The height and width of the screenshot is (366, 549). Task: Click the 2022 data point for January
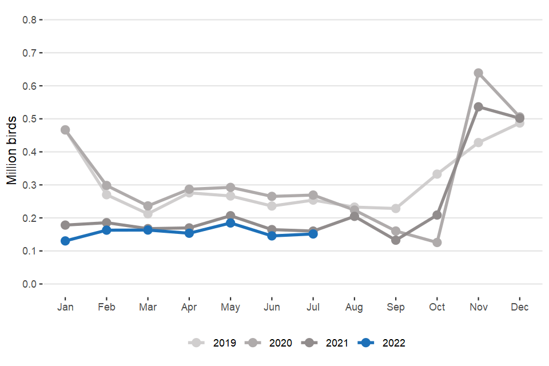click(x=65, y=241)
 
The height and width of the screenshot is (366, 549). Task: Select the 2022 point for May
click(x=230, y=223)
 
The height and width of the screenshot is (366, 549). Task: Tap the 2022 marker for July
click(x=313, y=234)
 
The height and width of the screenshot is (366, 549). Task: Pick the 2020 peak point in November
click(x=478, y=73)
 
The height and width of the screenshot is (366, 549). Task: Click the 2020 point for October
click(x=437, y=242)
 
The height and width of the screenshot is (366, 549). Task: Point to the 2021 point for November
click(x=478, y=107)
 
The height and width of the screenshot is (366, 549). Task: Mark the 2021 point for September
click(x=396, y=240)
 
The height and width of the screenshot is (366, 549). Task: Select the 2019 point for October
click(x=437, y=174)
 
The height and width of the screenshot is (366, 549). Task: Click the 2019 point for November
click(x=478, y=142)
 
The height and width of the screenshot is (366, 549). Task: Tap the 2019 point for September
click(x=396, y=209)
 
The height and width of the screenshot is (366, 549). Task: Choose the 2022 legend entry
click(x=384, y=343)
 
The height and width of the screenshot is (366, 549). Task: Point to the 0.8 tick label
click(x=29, y=19)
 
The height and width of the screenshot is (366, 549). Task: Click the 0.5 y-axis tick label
click(x=29, y=119)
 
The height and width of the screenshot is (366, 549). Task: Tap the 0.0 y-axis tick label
click(x=29, y=284)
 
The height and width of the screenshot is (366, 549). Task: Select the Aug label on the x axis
click(x=354, y=307)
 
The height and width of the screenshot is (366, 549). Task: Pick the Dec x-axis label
click(x=519, y=307)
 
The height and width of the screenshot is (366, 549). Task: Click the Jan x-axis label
click(x=65, y=307)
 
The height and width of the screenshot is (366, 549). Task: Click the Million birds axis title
click(x=11, y=152)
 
